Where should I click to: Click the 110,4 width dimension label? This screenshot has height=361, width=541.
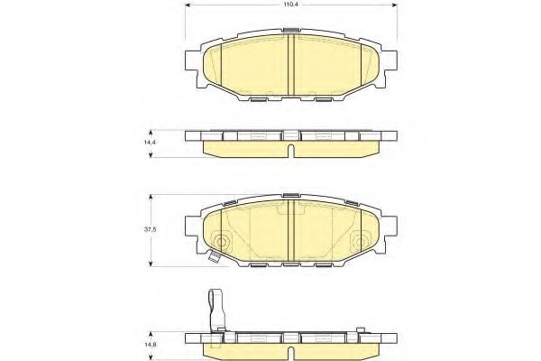point(291,5)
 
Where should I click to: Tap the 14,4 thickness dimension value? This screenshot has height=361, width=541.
point(149,142)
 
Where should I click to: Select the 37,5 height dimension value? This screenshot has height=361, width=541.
point(151,229)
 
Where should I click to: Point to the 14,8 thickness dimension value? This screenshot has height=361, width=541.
point(150,345)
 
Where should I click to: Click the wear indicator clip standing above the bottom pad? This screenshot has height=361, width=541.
point(216,310)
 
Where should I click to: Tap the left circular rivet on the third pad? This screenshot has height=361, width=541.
point(221,242)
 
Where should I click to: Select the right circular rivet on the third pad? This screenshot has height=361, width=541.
point(360,242)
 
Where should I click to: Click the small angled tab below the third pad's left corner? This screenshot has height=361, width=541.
point(214,256)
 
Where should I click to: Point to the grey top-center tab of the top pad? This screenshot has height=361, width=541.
point(291,30)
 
